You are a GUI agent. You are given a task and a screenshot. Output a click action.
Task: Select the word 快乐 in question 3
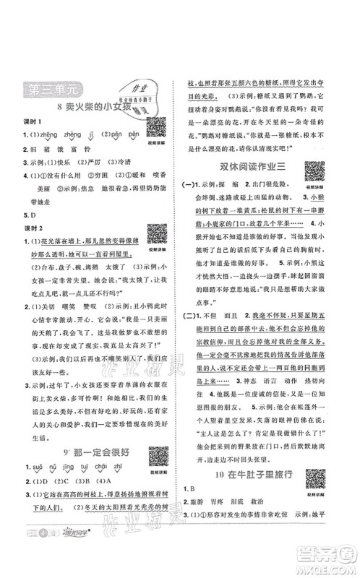pos(67,163)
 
